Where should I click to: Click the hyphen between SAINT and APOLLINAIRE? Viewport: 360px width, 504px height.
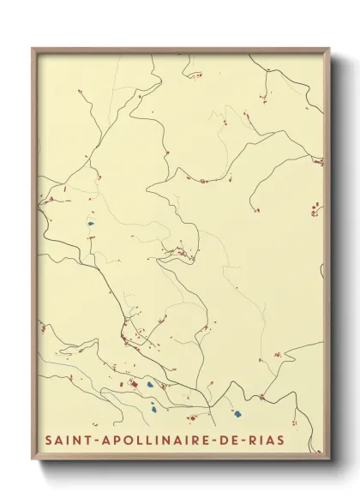tap(93, 441)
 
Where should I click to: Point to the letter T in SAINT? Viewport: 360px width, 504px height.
tap(87, 440)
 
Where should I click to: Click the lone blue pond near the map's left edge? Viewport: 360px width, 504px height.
tap(90, 225)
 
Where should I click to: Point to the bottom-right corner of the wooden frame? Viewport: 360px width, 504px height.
tap(328, 457)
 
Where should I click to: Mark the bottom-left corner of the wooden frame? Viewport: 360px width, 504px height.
tap(33, 457)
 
